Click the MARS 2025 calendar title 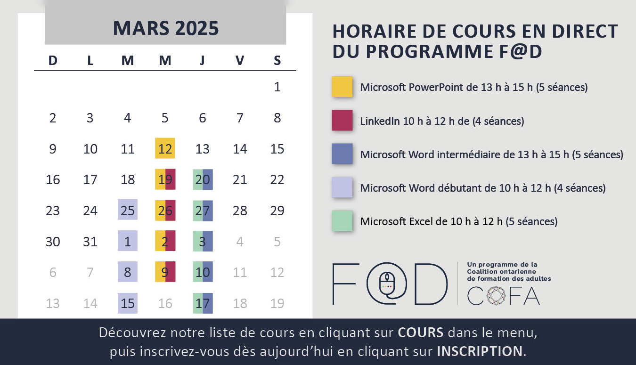[165, 28]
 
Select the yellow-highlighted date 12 [165, 148]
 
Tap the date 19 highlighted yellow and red [165, 179]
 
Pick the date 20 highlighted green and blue [203, 179]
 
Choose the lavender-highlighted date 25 [127, 210]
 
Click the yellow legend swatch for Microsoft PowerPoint [342, 87]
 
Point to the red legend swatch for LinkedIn [342, 121]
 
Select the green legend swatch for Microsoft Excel [342, 221]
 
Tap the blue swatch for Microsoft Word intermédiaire [342, 154]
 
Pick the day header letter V [240, 60]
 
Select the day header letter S [277, 60]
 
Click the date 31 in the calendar [90, 242]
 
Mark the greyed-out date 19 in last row [277, 303]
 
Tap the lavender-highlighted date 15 [127, 303]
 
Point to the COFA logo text [503, 295]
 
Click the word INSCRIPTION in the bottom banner [480, 351]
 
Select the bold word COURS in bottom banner [421, 333]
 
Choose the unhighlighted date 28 [240, 211]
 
